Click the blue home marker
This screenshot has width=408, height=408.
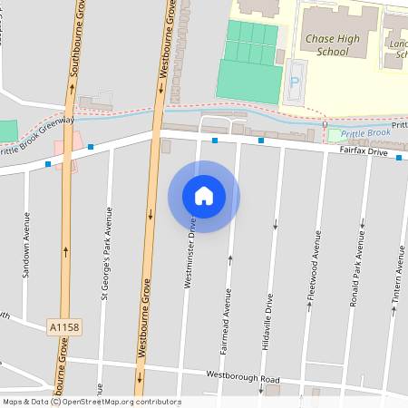[204, 196]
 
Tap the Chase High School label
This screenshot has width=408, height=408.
[333, 45]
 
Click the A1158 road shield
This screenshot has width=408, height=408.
[63, 324]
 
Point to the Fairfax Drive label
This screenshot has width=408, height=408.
[363, 153]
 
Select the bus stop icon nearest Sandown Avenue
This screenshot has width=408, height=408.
[47, 164]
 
